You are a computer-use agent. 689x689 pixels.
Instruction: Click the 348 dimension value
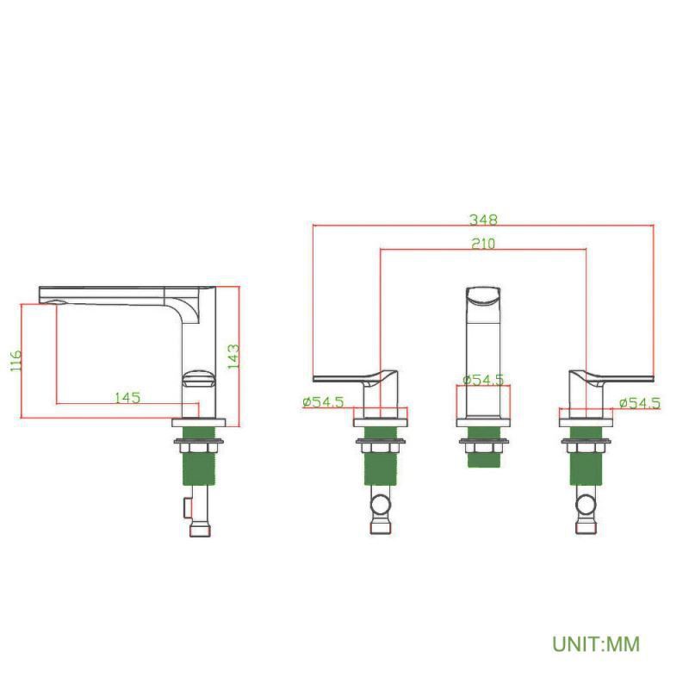(483, 220)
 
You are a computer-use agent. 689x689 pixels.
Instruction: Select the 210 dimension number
(483, 244)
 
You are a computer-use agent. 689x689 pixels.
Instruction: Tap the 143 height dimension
(233, 357)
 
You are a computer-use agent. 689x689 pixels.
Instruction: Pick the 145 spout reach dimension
(127, 398)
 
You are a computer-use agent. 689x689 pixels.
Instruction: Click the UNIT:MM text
(596, 643)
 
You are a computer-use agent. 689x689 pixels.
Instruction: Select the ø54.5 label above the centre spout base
(483, 380)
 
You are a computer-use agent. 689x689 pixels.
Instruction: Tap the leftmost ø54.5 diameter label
(324, 401)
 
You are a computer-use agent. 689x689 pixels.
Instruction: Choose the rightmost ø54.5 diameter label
(639, 402)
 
